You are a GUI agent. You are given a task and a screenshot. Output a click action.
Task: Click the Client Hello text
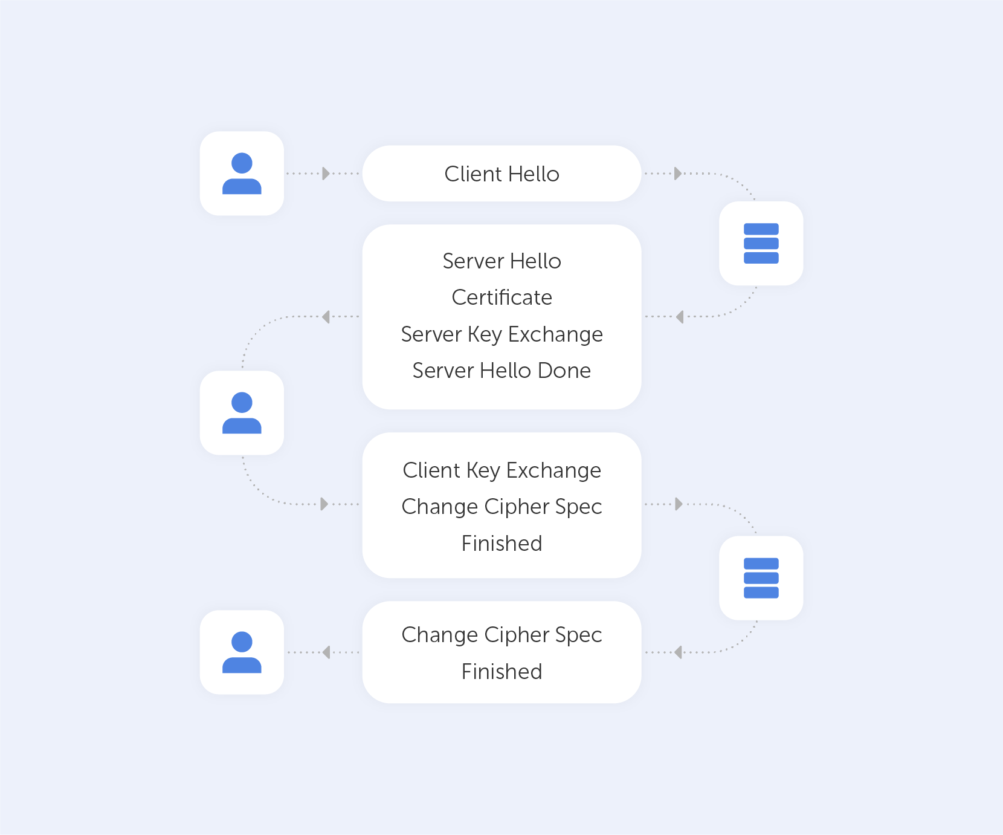pyautogui.click(x=502, y=174)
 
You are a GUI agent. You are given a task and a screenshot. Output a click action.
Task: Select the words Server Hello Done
pyautogui.click(x=502, y=371)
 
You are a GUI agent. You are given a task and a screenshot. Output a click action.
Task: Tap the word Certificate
pyautogui.click(x=502, y=297)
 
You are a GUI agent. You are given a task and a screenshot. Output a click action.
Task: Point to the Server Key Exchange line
pyautogui.click(x=502, y=334)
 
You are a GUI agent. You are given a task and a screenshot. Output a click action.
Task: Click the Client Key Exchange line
pyautogui.click(x=502, y=470)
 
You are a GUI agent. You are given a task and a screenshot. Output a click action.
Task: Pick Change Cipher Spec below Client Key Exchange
pyautogui.click(x=502, y=507)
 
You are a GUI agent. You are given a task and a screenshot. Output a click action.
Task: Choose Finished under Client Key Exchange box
pyautogui.click(x=502, y=544)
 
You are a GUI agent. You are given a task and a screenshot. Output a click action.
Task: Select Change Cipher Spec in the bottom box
pyautogui.click(x=502, y=635)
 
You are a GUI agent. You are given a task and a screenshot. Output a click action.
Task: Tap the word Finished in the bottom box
pyautogui.click(x=502, y=672)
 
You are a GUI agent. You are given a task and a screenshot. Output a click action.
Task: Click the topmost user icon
pyautogui.click(x=242, y=174)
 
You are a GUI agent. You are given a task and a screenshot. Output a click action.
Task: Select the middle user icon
pyautogui.click(x=242, y=413)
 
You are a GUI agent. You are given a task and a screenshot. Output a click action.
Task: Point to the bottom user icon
pyautogui.click(x=242, y=652)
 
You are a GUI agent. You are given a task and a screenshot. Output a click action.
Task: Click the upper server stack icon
pyautogui.click(x=761, y=244)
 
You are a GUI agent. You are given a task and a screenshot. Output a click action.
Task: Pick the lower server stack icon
pyautogui.click(x=761, y=578)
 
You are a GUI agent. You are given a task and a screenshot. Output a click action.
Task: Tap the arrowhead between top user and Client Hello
pyautogui.click(x=326, y=174)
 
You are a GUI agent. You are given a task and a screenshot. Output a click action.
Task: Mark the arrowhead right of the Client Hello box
pyautogui.click(x=678, y=174)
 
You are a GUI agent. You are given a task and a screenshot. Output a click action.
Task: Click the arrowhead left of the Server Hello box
pyautogui.click(x=326, y=317)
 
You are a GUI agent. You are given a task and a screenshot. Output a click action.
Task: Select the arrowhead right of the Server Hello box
pyautogui.click(x=680, y=317)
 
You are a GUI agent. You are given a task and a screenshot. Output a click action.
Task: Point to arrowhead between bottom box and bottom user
pyautogui.click(x=326, y=652)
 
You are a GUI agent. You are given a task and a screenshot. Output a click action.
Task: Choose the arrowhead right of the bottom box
pyautogui.click(x=679, y=652)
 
